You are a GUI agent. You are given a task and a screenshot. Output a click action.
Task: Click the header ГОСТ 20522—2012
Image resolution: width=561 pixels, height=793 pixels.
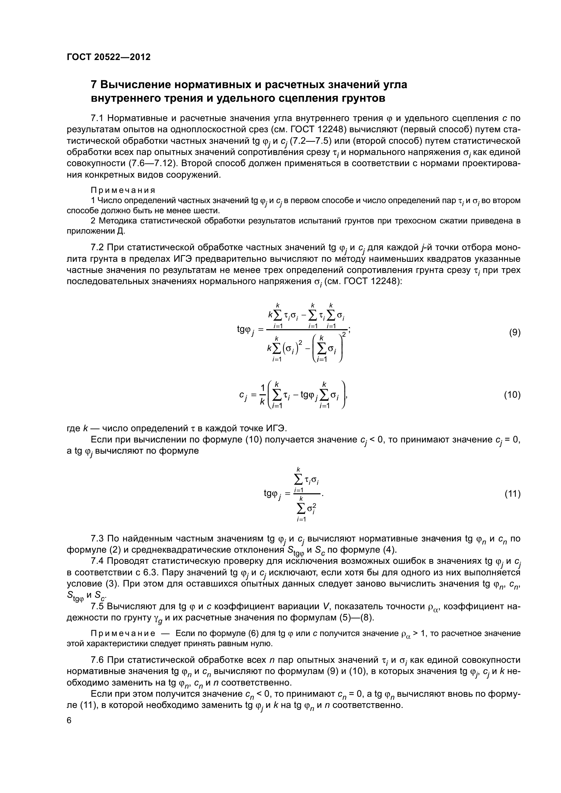pos(109,57)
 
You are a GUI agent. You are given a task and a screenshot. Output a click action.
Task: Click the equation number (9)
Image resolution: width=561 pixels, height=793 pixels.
pos(515,333)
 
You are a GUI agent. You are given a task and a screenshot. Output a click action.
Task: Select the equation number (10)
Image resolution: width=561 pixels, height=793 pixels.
pos(512,395)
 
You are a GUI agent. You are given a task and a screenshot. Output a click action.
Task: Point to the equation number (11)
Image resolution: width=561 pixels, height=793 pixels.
pos(512,494)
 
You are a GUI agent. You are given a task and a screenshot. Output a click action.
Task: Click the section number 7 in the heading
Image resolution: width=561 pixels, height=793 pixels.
pos(93,85)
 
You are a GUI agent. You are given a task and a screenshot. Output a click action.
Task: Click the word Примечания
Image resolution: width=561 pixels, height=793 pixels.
pos(123,190)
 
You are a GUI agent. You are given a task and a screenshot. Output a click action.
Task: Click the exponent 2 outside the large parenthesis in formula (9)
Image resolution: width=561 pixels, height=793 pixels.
pos(344,334)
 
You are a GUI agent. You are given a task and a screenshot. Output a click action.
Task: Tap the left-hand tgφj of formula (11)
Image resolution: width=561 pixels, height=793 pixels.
pos(273,494)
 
